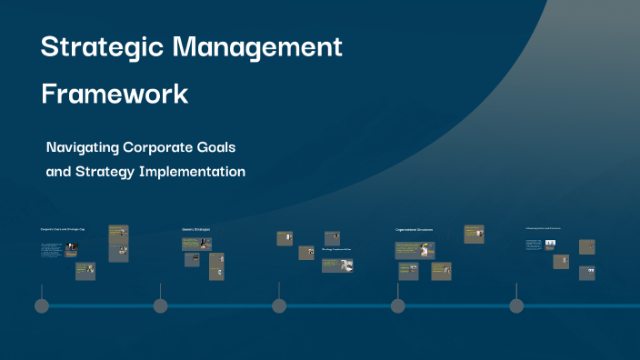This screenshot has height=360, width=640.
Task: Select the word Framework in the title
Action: click(114, 94)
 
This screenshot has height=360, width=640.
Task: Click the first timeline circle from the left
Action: click(41, 305)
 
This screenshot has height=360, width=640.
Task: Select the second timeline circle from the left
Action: click(161, 305)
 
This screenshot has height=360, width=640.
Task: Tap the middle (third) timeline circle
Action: click(279, 305)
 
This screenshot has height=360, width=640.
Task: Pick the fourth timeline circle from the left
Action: click(397, 305)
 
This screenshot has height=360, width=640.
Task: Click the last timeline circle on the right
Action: click(516, 305)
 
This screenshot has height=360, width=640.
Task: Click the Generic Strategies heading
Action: click(195, 229)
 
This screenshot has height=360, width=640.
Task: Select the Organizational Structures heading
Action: click(414, 229)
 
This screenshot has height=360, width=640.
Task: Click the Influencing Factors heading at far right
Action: click(543, 228)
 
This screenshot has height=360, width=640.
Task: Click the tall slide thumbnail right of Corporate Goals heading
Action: click(118, 243)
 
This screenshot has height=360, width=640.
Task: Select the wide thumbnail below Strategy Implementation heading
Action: click(344, 265)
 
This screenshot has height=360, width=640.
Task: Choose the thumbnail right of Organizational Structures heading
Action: click(473, 234)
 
